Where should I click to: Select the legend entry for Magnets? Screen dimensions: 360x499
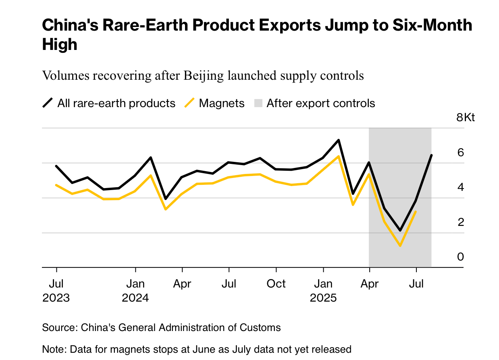click(x=222, y=103)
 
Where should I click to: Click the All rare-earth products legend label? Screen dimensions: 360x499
click(x=116, y=103)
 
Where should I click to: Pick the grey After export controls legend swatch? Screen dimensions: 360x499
click(x=258, y=103)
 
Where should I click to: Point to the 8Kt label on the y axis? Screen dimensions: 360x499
click(x=466, y=118)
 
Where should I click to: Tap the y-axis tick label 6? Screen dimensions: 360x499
click(x=460, y=153)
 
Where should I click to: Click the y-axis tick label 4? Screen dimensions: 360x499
click(x=460, y=187)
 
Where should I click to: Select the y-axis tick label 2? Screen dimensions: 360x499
click(x=460, y=222)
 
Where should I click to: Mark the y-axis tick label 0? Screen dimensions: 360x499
click(x=460, y=257)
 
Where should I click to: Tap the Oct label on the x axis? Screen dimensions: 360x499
click(x=276, y=284)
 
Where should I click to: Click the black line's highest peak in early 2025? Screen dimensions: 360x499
click(x=339, y=140)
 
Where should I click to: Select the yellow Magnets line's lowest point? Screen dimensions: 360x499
click(x=400, y=246)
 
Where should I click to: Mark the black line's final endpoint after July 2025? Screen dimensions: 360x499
click(x=432, y=155)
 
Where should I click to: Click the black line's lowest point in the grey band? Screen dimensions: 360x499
click(x=400, y=230)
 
